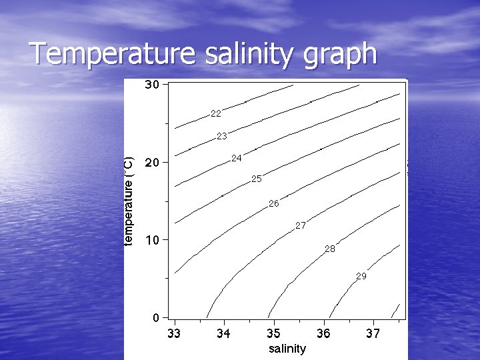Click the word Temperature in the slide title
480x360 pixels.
(109, 54)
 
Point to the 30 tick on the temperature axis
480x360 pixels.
(152, 85)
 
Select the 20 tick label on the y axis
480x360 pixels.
(152, 162)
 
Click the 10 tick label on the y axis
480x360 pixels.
(152, 239)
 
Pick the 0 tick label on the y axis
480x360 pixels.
(155, 317)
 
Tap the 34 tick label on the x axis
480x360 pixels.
(224, 333)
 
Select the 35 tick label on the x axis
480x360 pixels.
(274, 333)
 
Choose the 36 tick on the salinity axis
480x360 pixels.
(323, 333)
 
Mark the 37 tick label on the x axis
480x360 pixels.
(373, 333)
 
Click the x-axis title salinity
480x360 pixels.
(287, 349)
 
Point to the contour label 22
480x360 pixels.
(215, 113)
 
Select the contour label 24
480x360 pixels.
(237, 158)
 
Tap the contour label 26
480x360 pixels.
(274, 203)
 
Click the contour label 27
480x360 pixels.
(301, 226)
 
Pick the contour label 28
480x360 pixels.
(330, 249)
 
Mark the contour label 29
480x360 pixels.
(361, 276)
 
